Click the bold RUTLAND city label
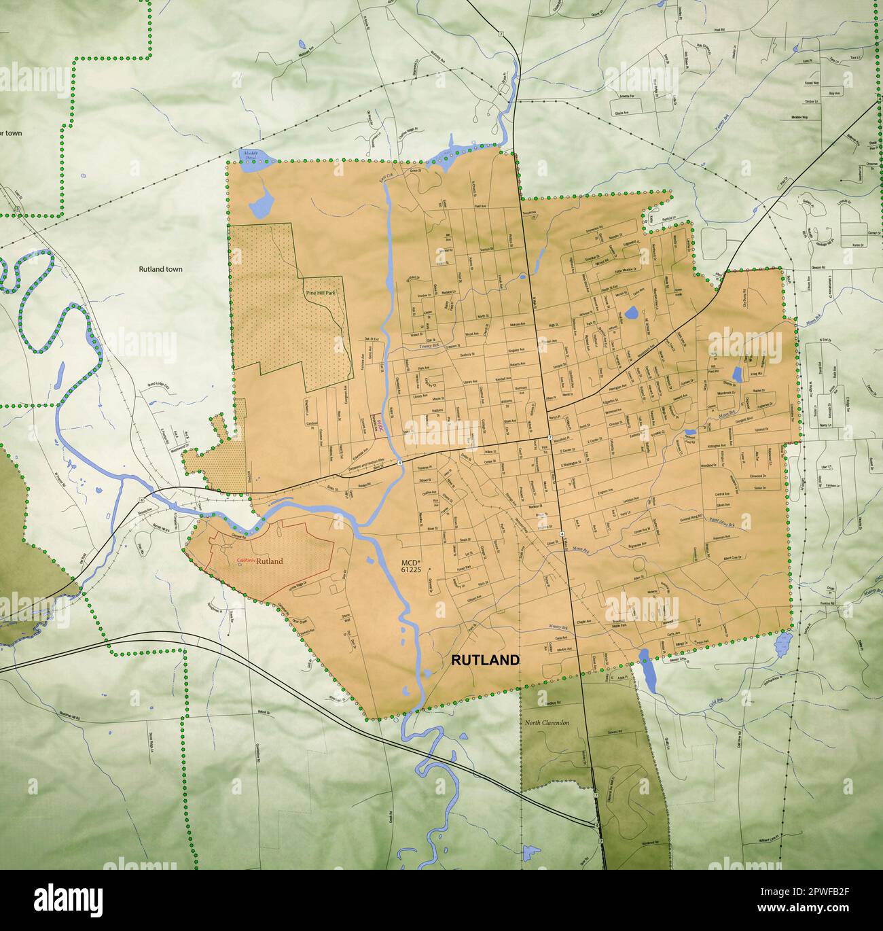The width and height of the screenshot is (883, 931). [486, 660]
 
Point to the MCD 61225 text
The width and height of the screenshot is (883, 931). [411, 566]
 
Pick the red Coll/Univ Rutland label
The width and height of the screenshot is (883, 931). [260, 561]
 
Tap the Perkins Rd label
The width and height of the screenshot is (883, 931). [826, 604]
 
